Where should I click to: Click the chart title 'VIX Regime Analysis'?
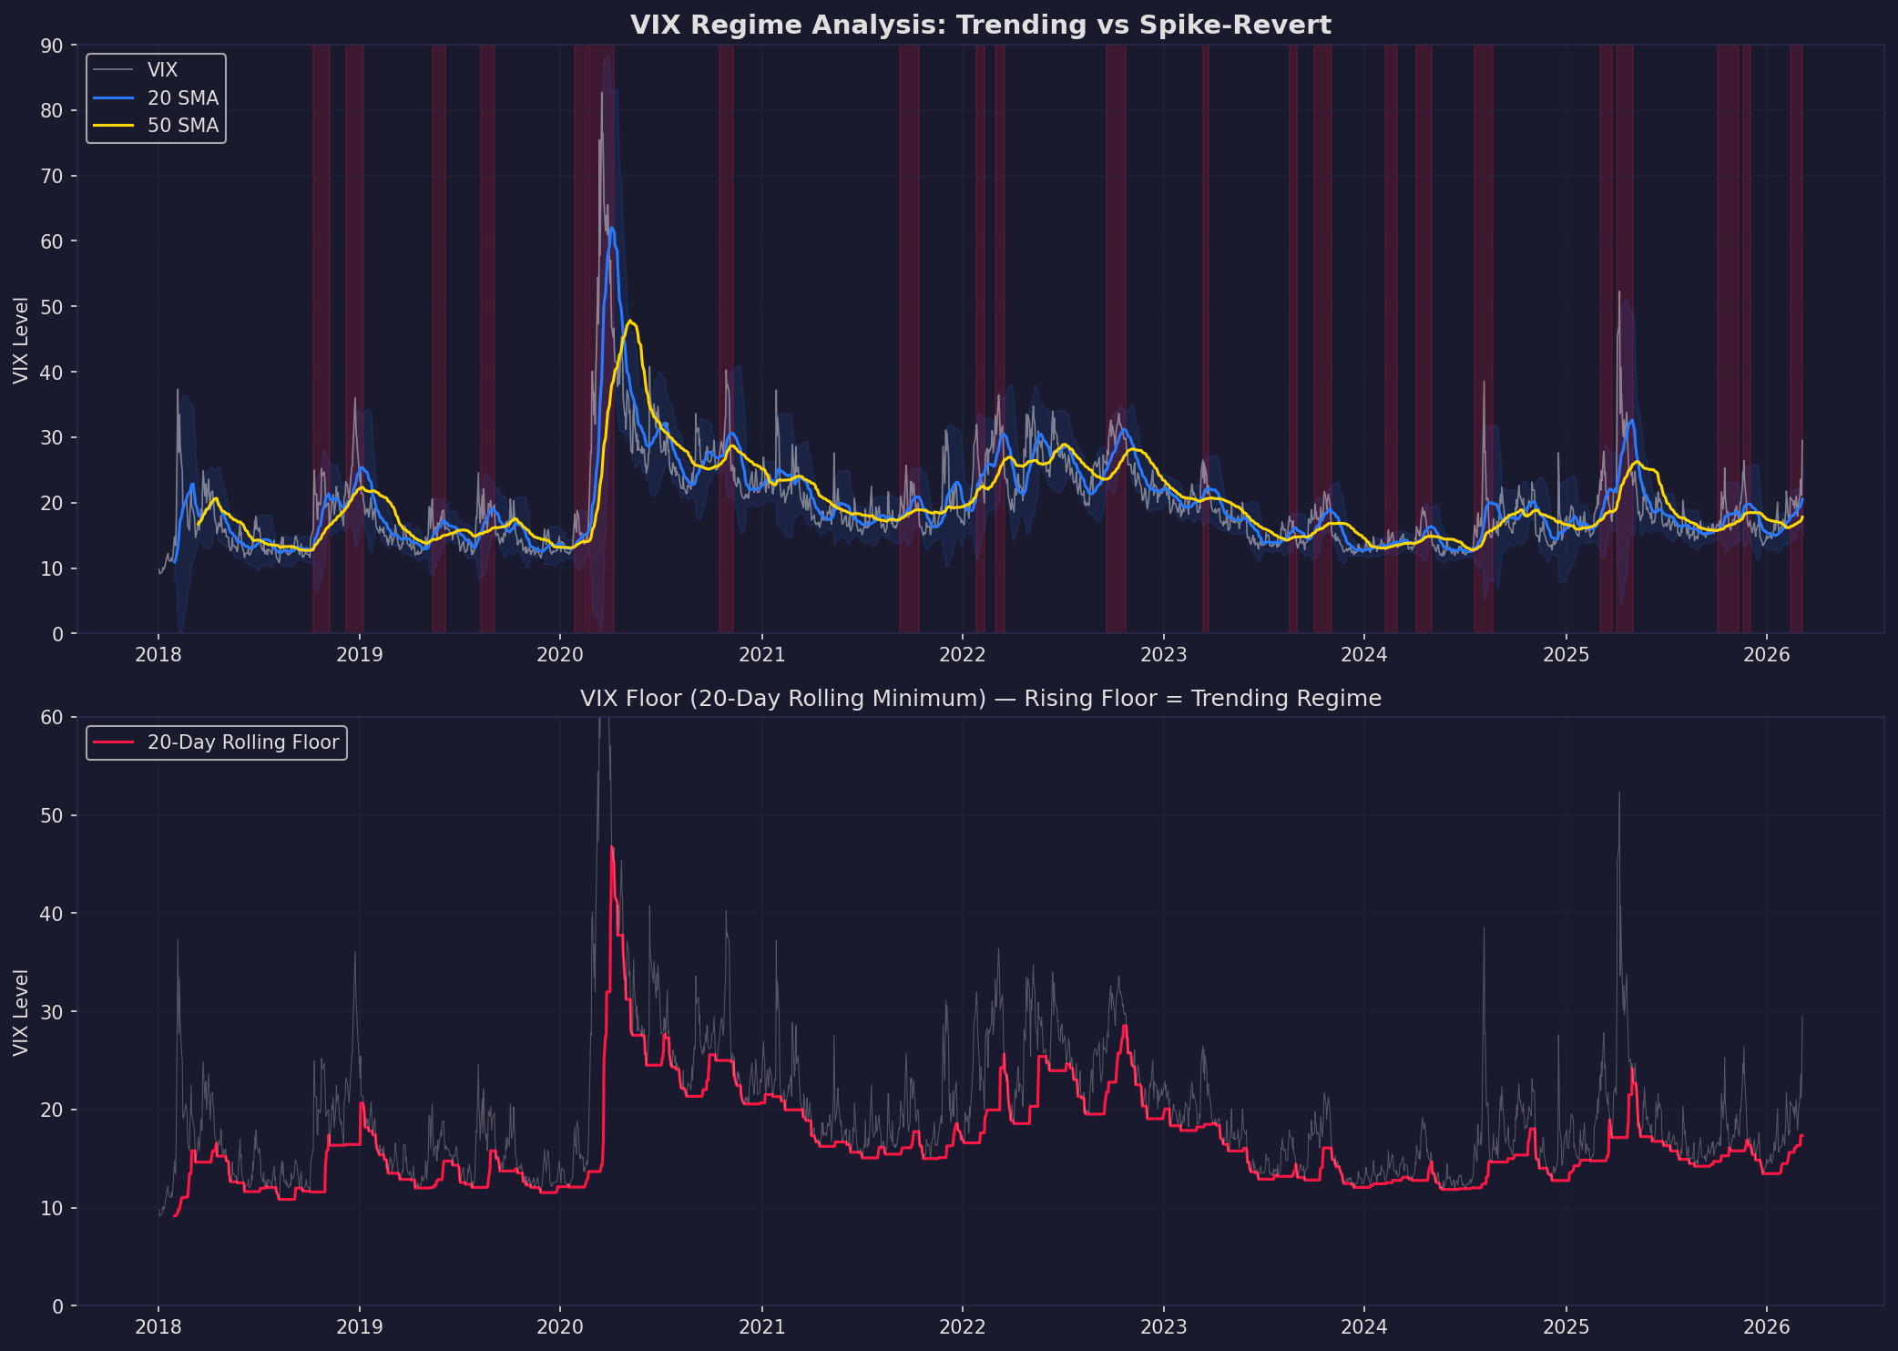point(980,26)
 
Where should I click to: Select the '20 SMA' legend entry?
point(182,98)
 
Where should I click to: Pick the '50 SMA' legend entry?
point(182,126)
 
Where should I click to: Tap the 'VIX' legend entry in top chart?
point(162,70)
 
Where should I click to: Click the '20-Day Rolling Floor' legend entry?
point(242,742)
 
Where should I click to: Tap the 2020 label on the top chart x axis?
point(559,654)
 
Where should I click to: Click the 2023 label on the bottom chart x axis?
point(1163,1326)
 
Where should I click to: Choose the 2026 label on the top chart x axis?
point(1766,654)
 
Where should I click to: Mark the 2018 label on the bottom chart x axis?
point(158,1326)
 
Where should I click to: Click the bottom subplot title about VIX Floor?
point(980,699)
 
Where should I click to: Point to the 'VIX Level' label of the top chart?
point(21,340)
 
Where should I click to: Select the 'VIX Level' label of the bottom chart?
point(21,1012)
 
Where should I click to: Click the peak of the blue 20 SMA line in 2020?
point(611,229)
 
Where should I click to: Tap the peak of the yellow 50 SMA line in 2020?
point(630,321)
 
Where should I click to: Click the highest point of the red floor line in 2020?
point(611,847)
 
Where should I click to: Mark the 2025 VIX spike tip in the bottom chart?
point(1618,793)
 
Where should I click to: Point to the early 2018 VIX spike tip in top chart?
point(178,390)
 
